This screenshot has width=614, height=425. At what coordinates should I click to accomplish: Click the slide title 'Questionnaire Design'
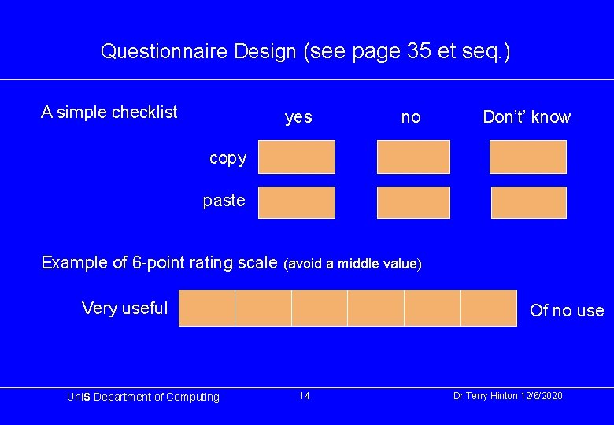click(x=305, y=52)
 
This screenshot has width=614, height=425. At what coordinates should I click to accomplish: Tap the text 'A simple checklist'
click(x=109, y=112)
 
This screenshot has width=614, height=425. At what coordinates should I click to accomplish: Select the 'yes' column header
click(x=298, y=117)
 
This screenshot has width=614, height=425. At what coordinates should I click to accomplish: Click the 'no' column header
click(x=411, y=117)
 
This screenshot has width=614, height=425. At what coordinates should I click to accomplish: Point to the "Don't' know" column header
click(x=527, y=117)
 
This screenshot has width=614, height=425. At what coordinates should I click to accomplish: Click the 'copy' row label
click(x=227, y=157)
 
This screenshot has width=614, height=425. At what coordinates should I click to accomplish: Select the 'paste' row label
click(x=224, y=200)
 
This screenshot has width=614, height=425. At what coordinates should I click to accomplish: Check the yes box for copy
click(x=297, y=157)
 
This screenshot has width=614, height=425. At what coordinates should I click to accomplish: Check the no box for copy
click(x=413, y=157)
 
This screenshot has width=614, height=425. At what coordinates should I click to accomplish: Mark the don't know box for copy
click(x=527, y=157)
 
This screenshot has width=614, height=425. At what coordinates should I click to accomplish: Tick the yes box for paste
click(x=297, y=202)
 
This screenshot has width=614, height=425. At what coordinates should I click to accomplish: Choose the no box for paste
click(x=413, y=202)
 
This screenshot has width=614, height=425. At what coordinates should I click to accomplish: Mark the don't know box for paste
click(x=528, y=202)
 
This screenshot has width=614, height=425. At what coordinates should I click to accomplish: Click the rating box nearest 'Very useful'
click(x=207, y=308)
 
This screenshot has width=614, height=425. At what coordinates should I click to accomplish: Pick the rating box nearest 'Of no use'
click(x=488, y=308)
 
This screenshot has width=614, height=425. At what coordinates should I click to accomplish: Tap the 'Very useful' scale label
click(x=124, y=308)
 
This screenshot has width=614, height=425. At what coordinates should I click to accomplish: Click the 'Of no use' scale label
click(x=567, y=310)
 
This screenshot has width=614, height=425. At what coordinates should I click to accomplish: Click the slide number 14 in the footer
click(x=304, y=395)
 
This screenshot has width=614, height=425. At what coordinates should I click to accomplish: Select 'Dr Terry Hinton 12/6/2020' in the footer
click(x=508, y=395)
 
